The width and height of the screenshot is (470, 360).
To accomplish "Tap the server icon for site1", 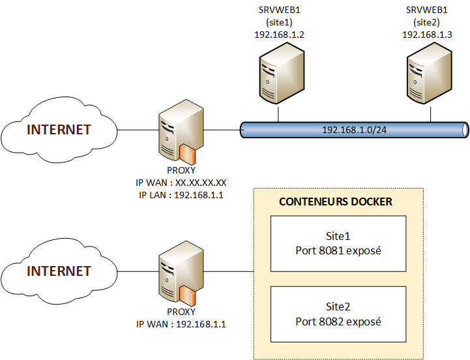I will [278, 78].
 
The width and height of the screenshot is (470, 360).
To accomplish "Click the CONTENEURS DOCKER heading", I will [336, 202].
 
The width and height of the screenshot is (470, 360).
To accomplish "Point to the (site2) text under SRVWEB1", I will [428, 22].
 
